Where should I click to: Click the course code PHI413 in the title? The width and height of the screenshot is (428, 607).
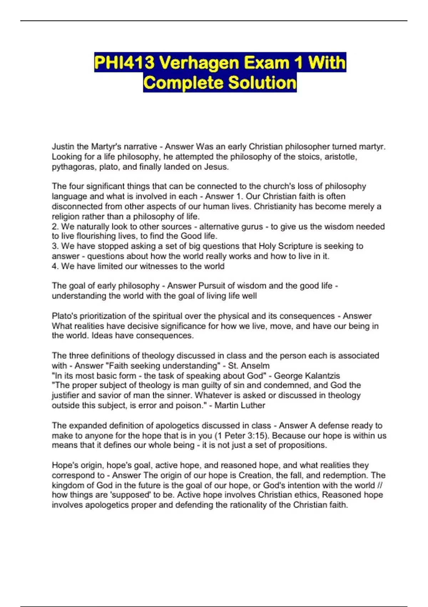(124, 63)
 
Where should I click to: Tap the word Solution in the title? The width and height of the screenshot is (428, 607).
(262, 83)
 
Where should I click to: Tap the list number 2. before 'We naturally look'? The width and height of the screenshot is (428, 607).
(55, 226)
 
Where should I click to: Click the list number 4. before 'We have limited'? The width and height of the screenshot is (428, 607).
(55, 266)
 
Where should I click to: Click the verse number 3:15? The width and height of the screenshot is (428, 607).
(258, 436)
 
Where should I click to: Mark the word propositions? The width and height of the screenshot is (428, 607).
(302, 445)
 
